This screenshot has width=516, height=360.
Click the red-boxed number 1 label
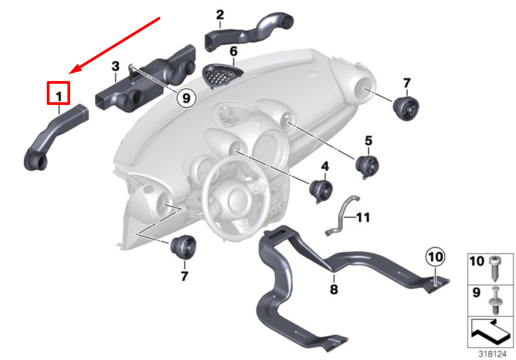59,97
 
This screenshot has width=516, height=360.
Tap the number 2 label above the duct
220,15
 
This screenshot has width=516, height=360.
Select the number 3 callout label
115,66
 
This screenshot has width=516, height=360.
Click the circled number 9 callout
186,98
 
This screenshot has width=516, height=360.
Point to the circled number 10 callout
435,257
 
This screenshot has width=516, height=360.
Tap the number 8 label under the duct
334,290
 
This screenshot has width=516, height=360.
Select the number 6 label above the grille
233,51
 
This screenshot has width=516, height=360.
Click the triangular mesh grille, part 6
222,76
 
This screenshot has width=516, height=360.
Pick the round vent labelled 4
321,191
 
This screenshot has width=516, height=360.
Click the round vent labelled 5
367,167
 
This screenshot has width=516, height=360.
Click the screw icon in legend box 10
495,269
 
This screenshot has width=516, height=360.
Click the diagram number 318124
492,354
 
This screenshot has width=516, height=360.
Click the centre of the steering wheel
238,200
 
